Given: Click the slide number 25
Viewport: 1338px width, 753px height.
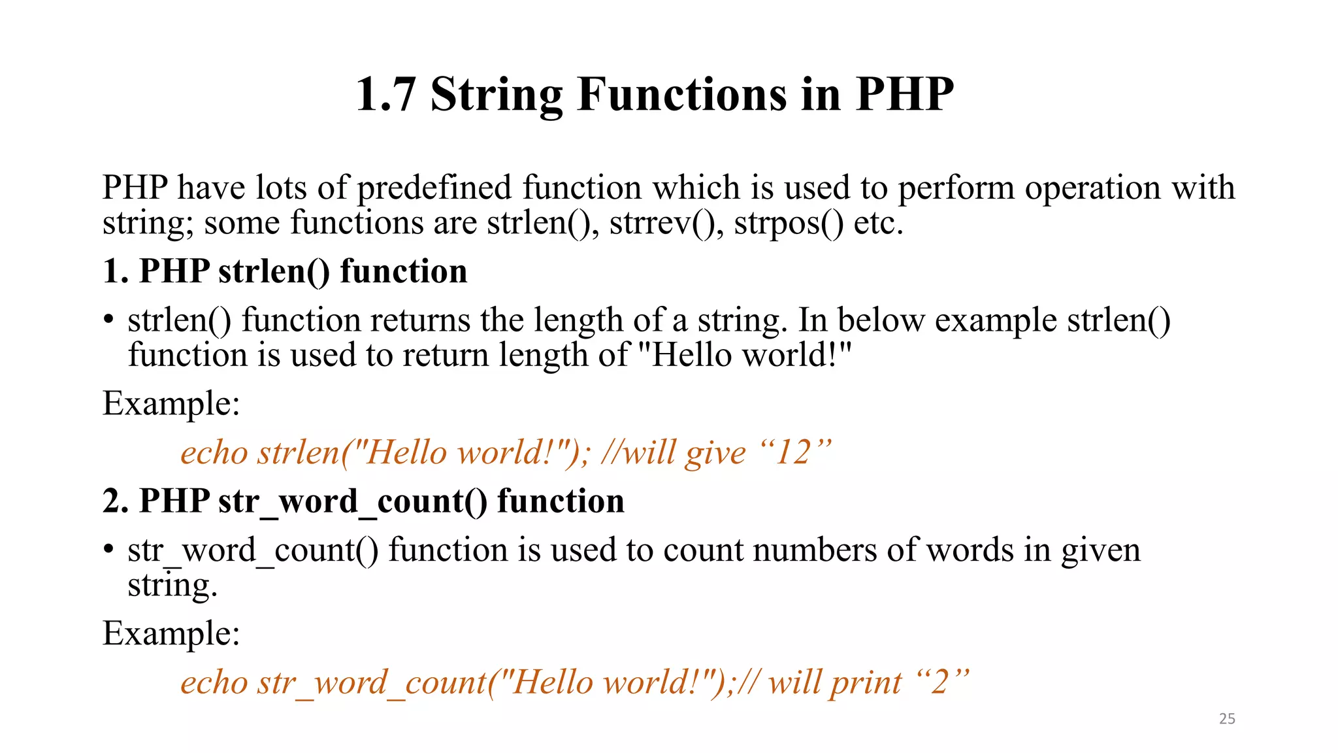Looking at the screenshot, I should tap(1227, 719).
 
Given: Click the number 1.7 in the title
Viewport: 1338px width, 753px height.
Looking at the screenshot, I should tap(386, 95).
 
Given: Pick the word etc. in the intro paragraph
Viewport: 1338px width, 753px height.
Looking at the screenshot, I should tap(879, 223).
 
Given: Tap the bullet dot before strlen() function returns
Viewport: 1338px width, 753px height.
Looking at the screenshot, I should tap(108, 320).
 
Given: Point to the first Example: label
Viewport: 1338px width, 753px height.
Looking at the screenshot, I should tap(171, 403).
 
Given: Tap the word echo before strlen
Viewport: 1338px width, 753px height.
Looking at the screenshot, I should tap(214, 453).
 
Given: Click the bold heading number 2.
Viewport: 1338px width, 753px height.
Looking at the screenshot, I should tap(115, 501).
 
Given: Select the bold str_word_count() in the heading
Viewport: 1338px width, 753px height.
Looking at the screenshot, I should tap(353, 502).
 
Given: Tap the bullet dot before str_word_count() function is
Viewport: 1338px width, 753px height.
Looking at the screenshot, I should tap(108, 550).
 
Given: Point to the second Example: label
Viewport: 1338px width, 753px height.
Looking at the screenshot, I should tap(171, 633).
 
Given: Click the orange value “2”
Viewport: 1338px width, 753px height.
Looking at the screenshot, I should tap(941, 682).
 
